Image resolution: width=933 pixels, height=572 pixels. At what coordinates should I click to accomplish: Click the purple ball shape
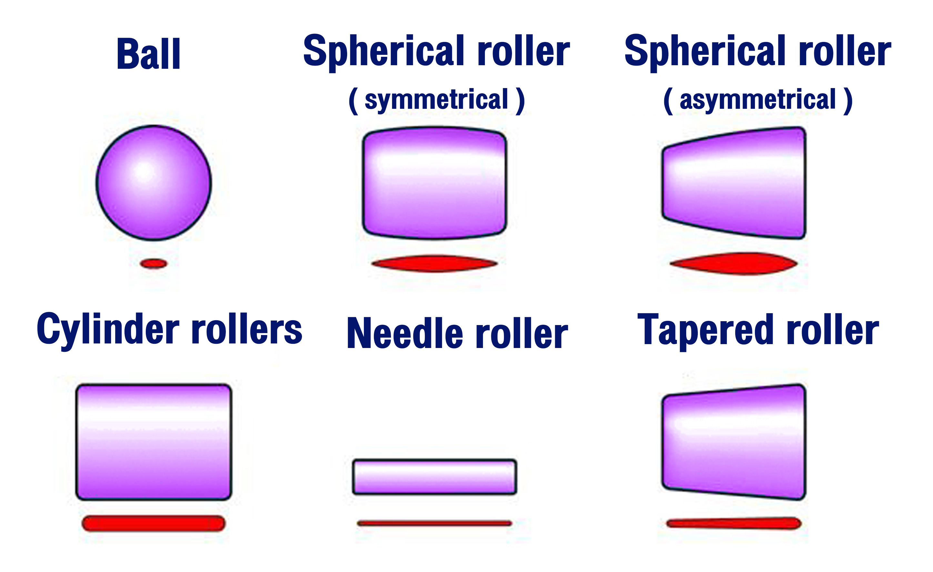pos(153,183)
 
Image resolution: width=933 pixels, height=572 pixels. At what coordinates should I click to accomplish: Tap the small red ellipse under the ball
pos(153,263)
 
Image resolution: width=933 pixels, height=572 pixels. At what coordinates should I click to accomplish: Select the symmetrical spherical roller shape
pos(434,183)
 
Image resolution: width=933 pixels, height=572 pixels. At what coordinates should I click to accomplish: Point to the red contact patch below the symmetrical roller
pos(434,263)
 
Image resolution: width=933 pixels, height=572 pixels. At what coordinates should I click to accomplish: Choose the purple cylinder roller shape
pos(153,442)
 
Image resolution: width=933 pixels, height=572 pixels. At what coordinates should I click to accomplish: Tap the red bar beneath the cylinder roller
pos(153,523)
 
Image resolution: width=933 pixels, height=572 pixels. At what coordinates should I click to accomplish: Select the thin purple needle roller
pos(434,476)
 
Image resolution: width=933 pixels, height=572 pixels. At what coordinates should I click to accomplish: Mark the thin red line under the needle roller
pos(434,523)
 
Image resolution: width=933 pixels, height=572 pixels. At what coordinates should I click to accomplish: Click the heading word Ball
pos(148,54)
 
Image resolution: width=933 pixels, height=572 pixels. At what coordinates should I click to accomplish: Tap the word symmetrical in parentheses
pos(436,100)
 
